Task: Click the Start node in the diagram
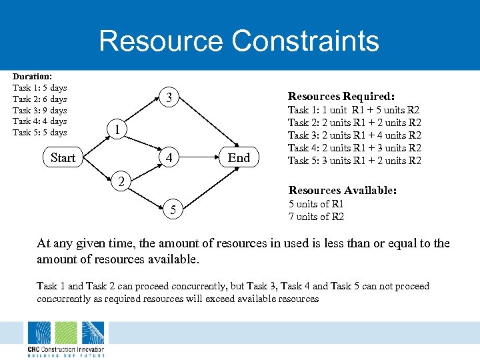coord(63,158)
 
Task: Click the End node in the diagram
coord(239,158)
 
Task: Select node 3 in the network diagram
coord(170,99)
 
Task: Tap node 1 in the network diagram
coord(117,129)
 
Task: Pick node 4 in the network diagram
coord(170,159)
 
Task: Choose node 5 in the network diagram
coord(173,211)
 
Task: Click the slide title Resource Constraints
coord(239,41)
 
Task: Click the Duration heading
coord(33,77)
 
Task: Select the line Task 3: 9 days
coord(40,110)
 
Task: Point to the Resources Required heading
coord(341,96)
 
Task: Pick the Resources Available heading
coord(342,191)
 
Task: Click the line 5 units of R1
coord(316,204)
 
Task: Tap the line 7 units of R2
coord(316,217)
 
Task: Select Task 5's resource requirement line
coord(354,160)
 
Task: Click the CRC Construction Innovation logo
coord(65,339)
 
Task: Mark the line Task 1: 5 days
coord(40,88)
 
